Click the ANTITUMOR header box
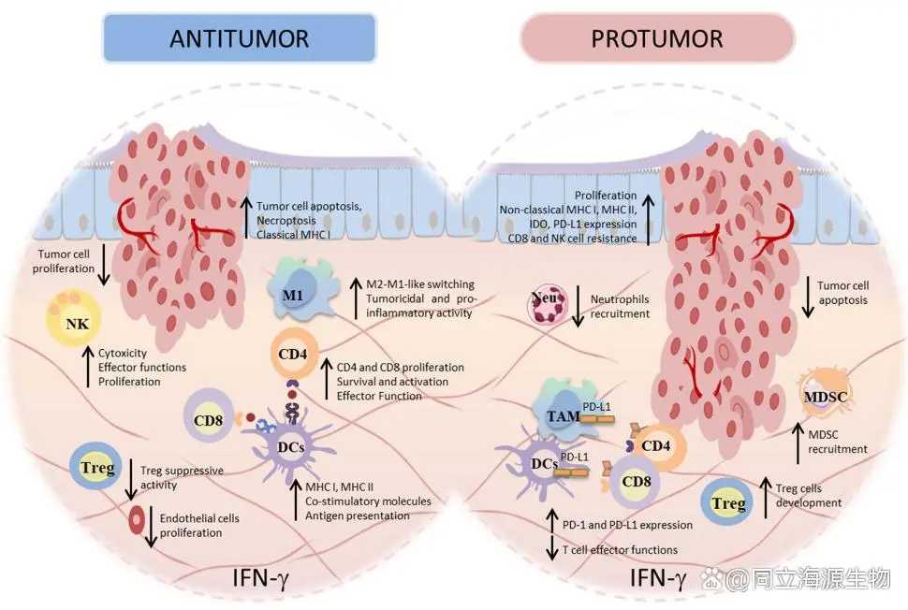(x=239, y=39)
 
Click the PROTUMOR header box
(x=657, y=39)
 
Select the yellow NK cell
(x=75, y=321)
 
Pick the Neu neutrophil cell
(x=549, y=308)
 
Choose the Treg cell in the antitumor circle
(x=96, y=467)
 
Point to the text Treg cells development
(x=809, y=495)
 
